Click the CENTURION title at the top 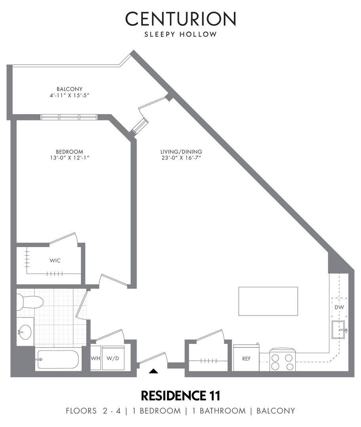tap(180, 19)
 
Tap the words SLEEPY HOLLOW tap(180, 34)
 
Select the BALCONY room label tap(70, 89)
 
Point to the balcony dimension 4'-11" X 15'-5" tap(70, 96)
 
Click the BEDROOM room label tap(70, 152)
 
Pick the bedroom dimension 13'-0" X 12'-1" tap(70, 158)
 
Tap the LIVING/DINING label tap(181, 152)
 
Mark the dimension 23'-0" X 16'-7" tap(181, 158)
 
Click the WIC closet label tap(55, 261)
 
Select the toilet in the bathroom tap(29, 302)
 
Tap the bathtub tap(58, 359)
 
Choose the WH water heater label tap(95, 358)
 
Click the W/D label tap(112, 358)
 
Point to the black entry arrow tap(154, 370)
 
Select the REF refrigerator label tap(246, 359)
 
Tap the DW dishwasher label tap(339, 307)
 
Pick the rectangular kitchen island tap(268, 301)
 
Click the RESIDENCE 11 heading tap(180, 396)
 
